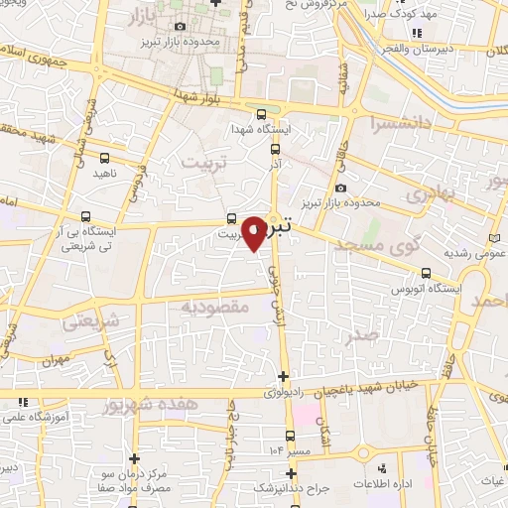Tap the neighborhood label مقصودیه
point(213,307)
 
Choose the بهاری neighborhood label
point(434,195)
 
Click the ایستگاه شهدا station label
point(259,131)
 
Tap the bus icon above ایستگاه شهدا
point(260,114)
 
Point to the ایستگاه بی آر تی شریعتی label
point(87,237)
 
